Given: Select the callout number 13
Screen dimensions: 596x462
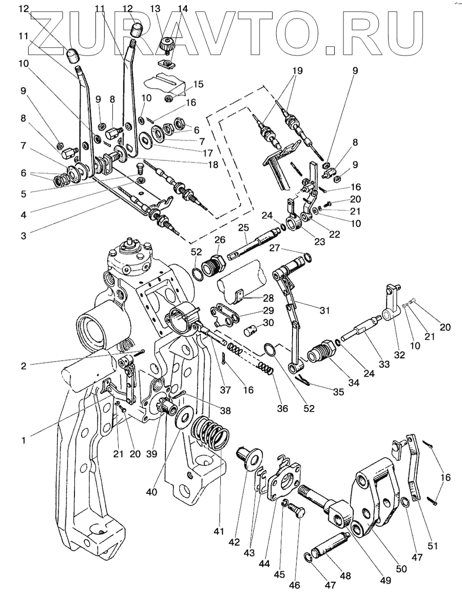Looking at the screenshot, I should [x=155, y=9].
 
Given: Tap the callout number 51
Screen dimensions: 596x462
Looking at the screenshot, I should [x=432, y=546].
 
